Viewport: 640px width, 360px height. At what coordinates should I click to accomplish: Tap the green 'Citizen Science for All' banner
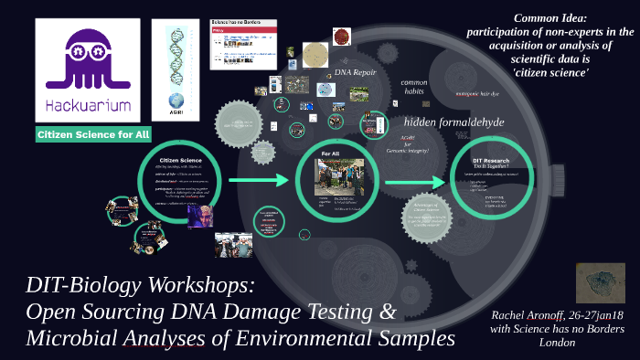[93, 135]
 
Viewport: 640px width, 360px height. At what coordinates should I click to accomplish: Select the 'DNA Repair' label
[356, 71]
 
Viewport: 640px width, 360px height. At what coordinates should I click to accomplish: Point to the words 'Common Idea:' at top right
[555, 17]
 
